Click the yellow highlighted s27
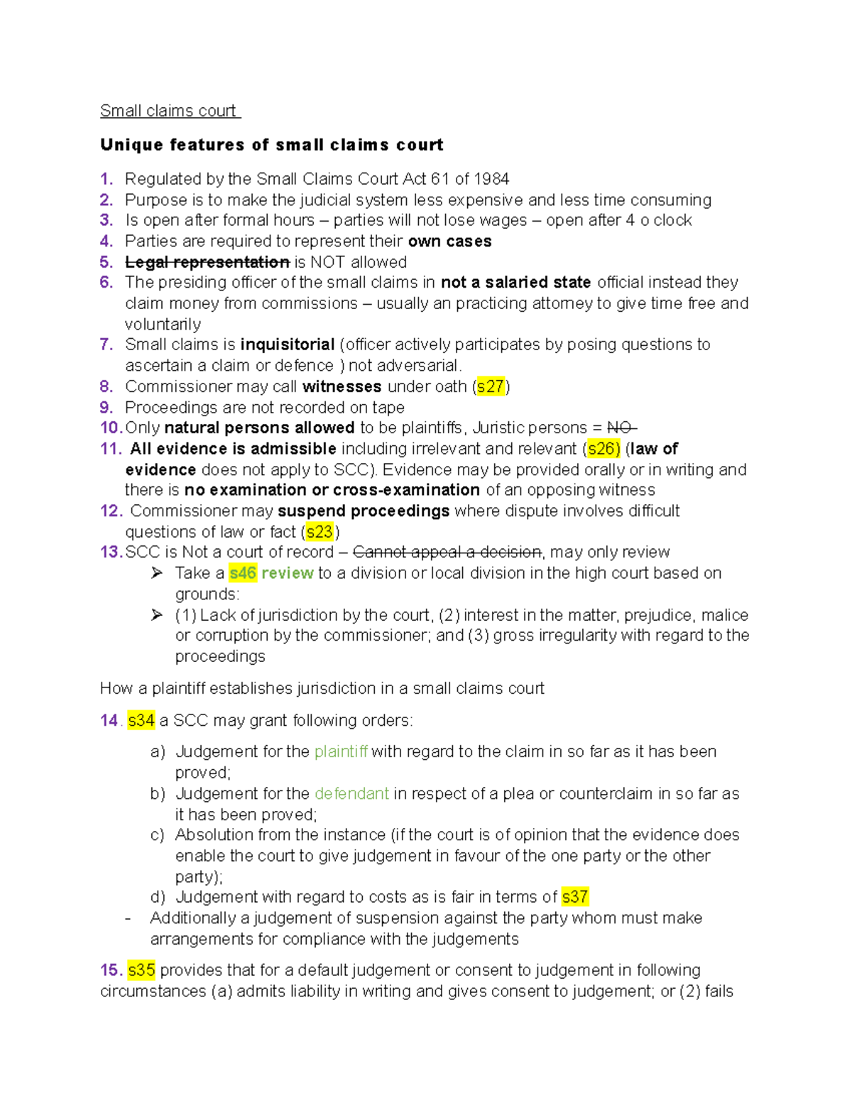490,386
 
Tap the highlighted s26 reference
603,449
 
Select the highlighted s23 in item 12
319,532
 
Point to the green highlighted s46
243,573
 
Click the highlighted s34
141,720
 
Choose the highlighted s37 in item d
574,897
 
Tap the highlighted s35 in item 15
141,970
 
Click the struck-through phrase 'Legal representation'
207,262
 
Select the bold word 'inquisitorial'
288,344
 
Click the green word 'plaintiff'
341,751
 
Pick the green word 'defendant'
351,793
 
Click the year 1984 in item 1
491,179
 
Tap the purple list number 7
106,344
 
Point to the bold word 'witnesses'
342,386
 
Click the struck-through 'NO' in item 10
621,428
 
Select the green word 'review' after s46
288,573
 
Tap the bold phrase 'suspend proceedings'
364,511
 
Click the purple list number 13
111,553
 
